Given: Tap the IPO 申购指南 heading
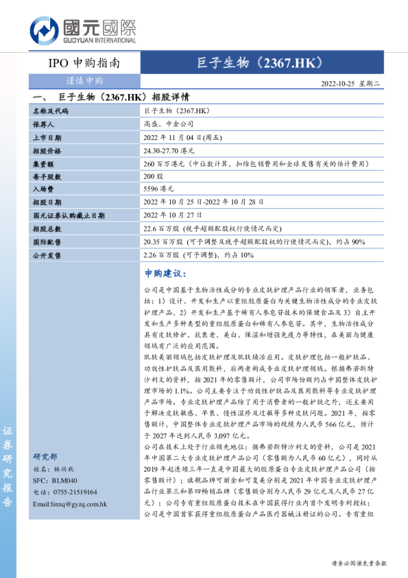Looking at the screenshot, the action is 85,63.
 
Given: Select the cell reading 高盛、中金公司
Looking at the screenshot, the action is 169,124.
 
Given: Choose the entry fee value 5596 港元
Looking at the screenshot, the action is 159,189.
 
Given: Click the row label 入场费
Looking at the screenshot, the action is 43,189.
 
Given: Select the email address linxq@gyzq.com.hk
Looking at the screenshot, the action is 70,504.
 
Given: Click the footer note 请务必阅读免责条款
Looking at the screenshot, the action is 359,563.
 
